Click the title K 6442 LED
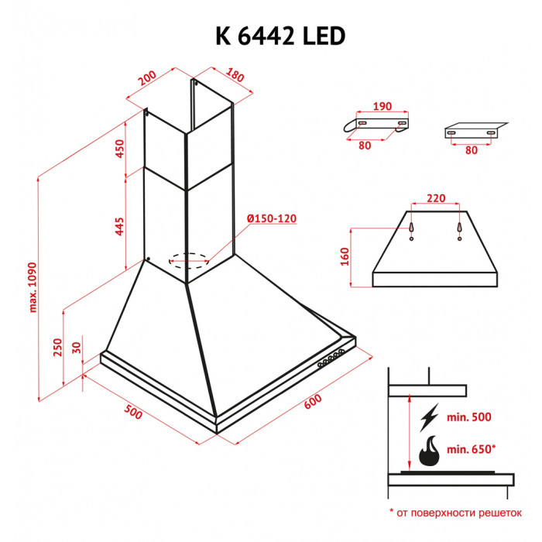pyautogui.click(x=270, y=36)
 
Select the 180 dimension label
pyautogui.click(x=235, y=77)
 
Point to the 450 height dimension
pyautogui.click(x=120, y=149)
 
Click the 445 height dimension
pyautogui.click(x=120, y=226)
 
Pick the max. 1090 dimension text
pyautogui.click(x=33, y=285)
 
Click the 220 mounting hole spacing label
pyautogui.click(x=435, y=198)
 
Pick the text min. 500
pyautogui.click(x=469, y=418)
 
